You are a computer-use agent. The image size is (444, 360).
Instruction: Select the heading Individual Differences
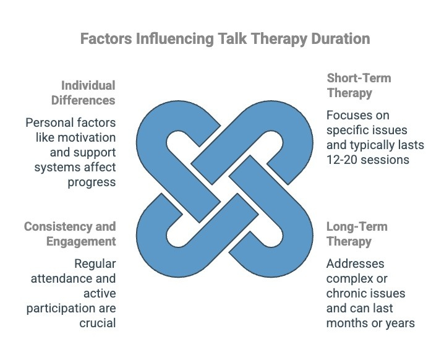pos(87,93)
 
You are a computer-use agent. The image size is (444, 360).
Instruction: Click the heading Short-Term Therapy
pos(359,85)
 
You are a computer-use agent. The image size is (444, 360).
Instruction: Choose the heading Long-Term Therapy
pos(358,233)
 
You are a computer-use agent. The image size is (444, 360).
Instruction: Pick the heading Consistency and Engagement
pos(69,233)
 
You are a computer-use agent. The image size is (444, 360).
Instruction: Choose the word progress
pos(93,182)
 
